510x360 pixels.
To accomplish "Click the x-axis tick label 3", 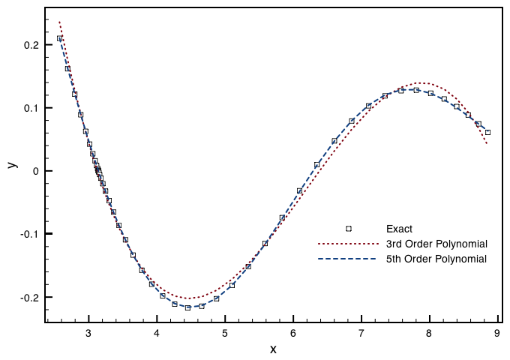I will [88, 334].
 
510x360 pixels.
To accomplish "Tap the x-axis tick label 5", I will [225, 334].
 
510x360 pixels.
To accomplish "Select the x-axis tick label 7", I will [361, 334].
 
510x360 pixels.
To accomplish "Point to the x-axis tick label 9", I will [498, 334].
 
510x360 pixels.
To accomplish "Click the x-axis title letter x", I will [273, 349].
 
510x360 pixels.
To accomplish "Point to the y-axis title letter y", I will [12, 163].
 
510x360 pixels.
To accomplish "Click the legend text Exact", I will [400, 229].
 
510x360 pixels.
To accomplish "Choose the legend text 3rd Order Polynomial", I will [436, 244].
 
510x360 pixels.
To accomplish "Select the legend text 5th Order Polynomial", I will [436, 259].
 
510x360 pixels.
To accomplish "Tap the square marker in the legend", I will [348, 229].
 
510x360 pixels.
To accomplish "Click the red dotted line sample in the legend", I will [347, 244].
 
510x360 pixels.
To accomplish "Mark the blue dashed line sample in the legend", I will [347, 259].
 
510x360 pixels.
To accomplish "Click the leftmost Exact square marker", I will [59, 38].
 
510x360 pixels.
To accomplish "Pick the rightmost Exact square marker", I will [487, 132].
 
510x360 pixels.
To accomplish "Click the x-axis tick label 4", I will [157, 334].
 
